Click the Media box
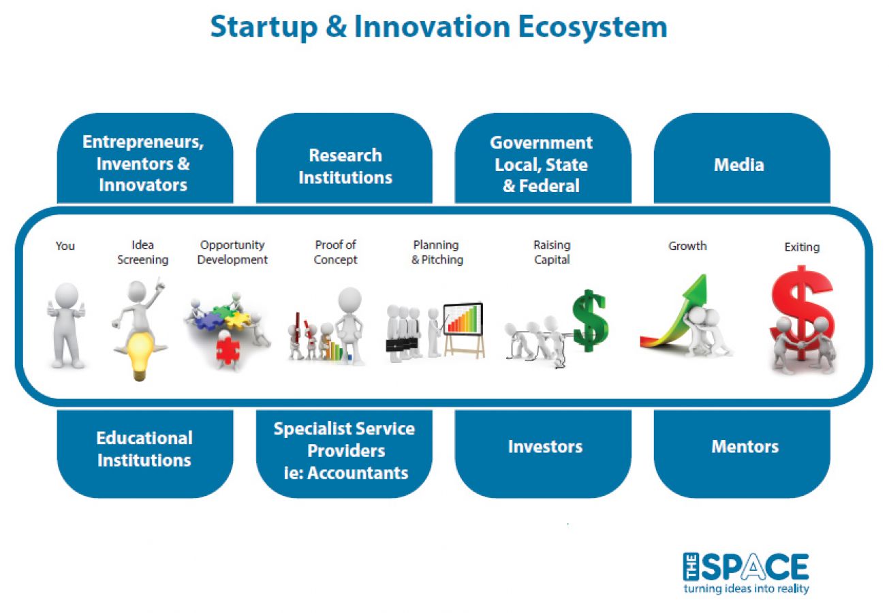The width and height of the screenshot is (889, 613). point(742,158)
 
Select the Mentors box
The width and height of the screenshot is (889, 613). point(742,454)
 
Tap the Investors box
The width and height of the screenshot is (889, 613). point(543,454)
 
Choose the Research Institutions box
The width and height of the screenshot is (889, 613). point(344,158)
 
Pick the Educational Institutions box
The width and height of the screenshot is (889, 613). point(145,454)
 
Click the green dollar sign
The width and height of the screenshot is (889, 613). point(589,321)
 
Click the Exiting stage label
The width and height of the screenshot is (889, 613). point(802,247)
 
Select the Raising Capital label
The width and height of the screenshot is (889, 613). point(552,252)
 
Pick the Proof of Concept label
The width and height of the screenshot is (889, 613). point(335,252)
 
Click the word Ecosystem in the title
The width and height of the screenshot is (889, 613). point(593,27)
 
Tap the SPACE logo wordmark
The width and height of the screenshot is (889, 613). point(746,567)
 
